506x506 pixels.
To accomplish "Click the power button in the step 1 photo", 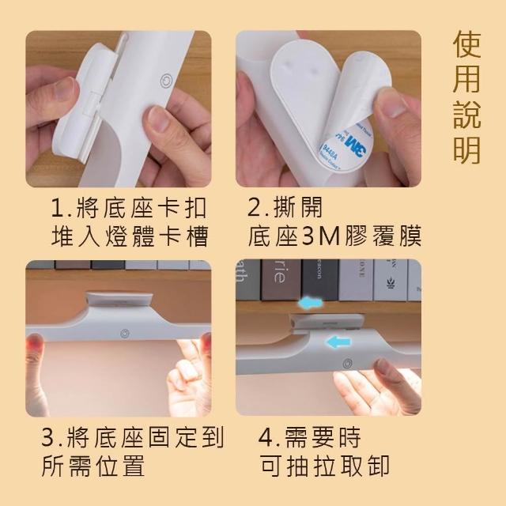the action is click(166, 79).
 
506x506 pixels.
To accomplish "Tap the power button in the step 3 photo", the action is click(125, 334).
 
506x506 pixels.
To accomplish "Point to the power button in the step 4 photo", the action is click(347, 364).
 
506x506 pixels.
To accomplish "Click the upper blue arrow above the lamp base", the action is click(311, 302).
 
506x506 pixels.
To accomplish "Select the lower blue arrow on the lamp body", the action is click(338, 342).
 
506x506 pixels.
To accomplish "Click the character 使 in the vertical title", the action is click(466, 44).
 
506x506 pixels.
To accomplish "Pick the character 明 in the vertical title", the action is click(466, 149).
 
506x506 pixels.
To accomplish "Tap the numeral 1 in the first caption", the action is click(58, 208).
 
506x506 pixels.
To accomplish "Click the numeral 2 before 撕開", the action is click(255, 208).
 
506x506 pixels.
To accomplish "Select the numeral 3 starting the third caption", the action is click(48, 437).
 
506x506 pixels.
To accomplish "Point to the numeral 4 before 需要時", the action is click(266, 437).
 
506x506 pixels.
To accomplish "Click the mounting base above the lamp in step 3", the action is click(119, 299).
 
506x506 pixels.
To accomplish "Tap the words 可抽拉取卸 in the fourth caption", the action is click(325, 466).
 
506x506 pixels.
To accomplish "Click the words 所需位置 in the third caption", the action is click(93, 466).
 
